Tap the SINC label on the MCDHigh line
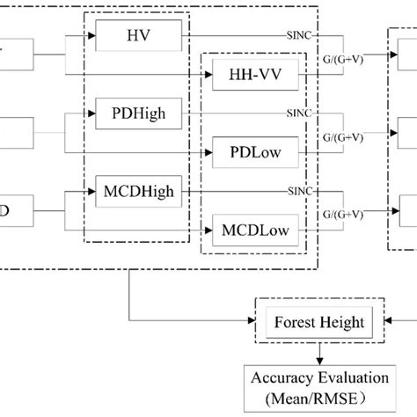coord(299,190)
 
